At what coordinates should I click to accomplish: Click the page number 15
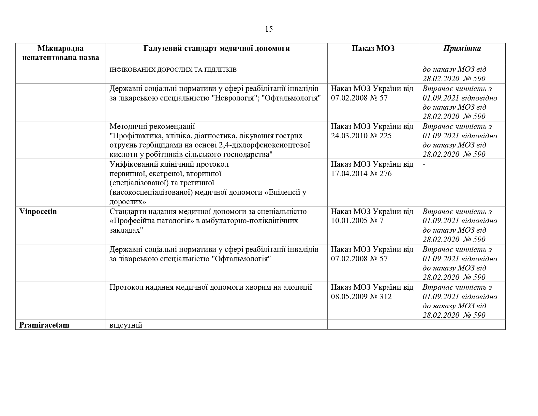[x=269, y=29]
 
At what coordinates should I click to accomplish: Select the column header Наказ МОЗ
[x=373, y=49]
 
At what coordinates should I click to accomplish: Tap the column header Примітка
[x=462, y=49]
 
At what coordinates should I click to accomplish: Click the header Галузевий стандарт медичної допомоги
[x=217, y=49]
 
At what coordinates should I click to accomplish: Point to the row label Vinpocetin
[x=38, y=211]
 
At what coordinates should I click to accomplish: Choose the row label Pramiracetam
[x=44, y=325]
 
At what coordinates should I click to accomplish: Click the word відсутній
[x=126, y=325]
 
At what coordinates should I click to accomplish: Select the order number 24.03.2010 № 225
[x=361, y=136]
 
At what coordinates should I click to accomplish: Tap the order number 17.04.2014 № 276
[x=361, y=174]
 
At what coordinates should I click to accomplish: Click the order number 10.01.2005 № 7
[x=357, y=221]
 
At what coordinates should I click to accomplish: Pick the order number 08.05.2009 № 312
[x=361, y=297]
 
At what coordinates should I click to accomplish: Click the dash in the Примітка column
[x=424, y=164]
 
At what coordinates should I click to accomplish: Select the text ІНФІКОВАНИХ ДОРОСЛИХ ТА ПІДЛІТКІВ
[x=173, y=70]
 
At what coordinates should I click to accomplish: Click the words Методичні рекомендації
[x=152, y=126]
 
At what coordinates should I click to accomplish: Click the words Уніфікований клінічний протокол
[x=169, y=164]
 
